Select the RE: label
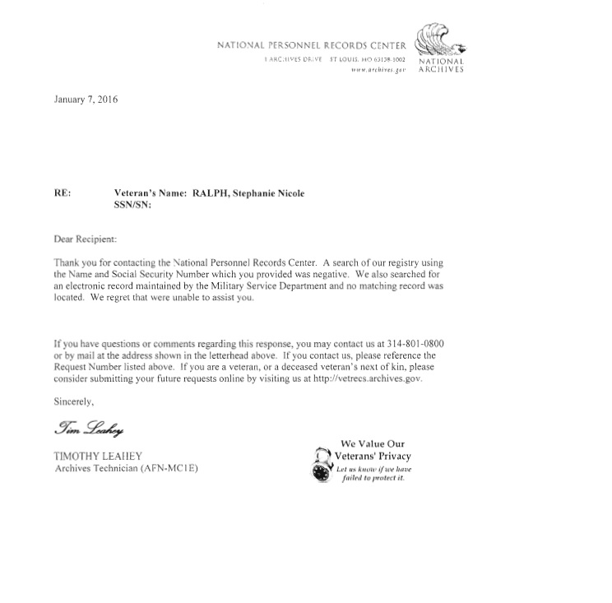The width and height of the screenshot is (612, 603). click(63, 192)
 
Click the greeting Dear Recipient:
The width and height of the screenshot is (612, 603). click(86, 239)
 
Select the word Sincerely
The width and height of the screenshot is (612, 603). click(74, 401)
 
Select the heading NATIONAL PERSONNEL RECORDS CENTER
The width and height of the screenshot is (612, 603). click(311, 46)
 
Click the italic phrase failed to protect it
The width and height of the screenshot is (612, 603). click(373, 479)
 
